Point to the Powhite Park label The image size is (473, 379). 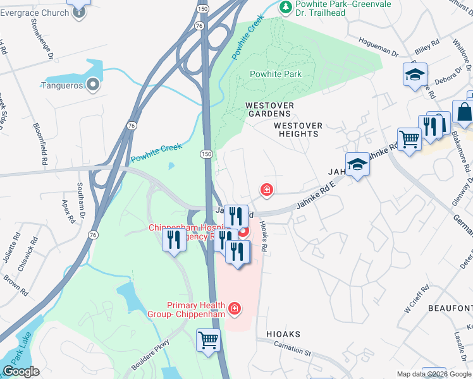click(x=275, y=74)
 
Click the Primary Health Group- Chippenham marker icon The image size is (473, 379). click(x=235, y=308)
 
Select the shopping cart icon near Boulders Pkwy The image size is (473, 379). click(x=208, y=340)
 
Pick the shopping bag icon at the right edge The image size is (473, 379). click(x=464, y=112)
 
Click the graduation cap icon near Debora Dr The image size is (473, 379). click(x=415, y=74)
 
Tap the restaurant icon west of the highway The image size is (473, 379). click(x=173, y=239)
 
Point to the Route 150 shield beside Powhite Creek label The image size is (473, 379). click(x=206, y=153)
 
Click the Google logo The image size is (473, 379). click(x=21, y=371)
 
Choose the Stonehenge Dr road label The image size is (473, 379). click(x=49, y=45)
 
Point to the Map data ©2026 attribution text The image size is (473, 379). click(x=434, y=374)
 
